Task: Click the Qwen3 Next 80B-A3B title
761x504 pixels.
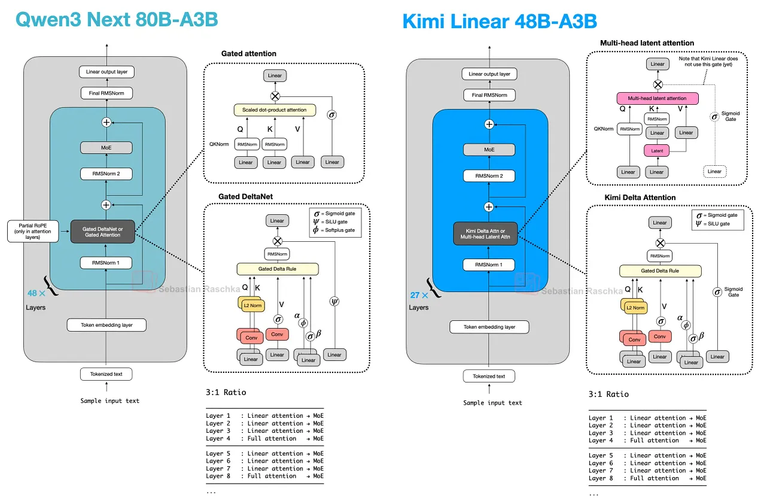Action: [x=116, y=20]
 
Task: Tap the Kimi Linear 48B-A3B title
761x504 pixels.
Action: [x=500, y=22]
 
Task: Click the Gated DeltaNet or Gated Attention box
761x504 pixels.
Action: [x=102, y=232]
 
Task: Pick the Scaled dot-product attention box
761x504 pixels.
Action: [x=274, y=110]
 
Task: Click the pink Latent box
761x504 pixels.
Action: [x=657, y=151]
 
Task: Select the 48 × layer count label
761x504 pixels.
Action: [x=35, y=293]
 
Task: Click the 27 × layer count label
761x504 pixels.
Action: [x=419, y=295]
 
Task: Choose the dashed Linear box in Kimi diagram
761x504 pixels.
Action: [x=714, y=172]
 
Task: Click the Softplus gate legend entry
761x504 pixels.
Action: [x=333, y=230]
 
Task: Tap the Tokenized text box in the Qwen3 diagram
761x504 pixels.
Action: [x=106, y=374]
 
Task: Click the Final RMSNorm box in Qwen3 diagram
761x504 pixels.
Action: [x=106, y=93]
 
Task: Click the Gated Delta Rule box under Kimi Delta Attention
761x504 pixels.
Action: [x=660, y=271]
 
